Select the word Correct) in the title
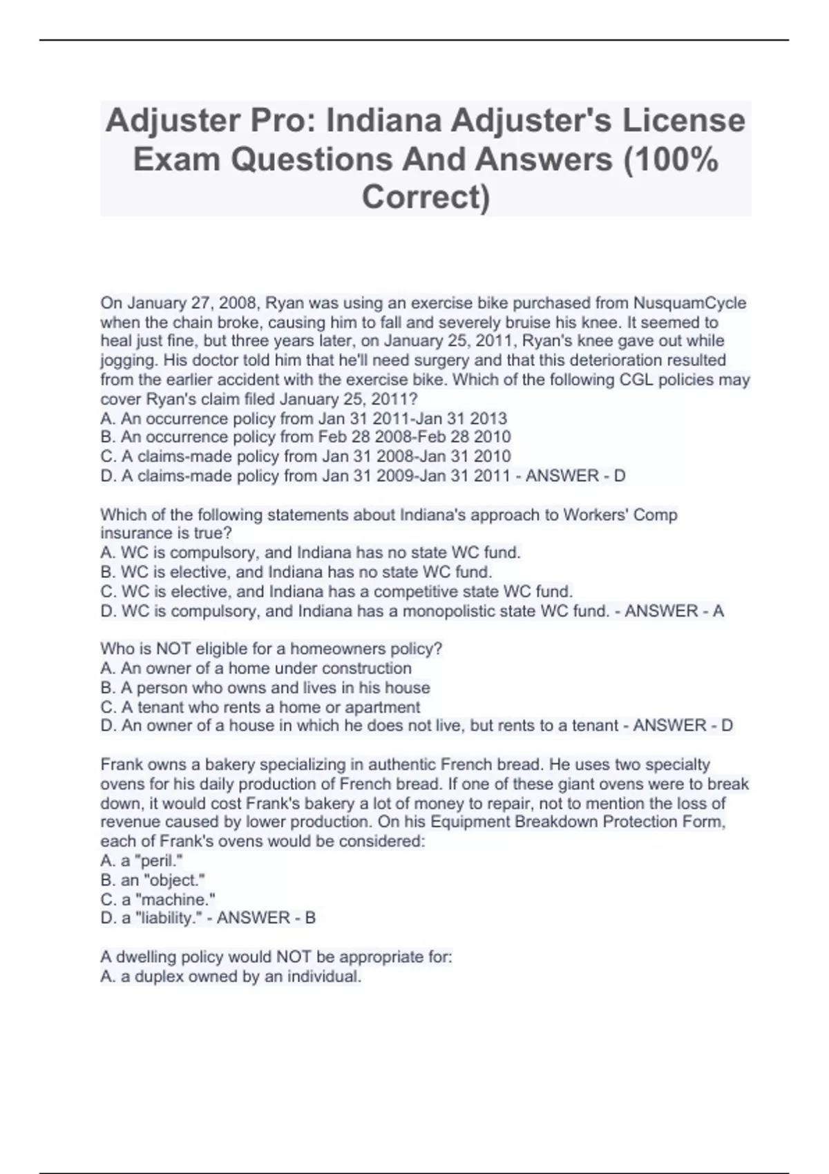tap(426, 198)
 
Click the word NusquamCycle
tap(689, 303)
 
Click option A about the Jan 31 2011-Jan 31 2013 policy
tap(303, 418)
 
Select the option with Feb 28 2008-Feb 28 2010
tap(305, 437)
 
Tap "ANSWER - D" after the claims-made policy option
tap(575, 476)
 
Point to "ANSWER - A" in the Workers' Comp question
tap(674, 611)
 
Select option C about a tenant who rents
tap(260, 707)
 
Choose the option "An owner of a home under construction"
tap(256, 668)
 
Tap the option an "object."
tap(153, 880)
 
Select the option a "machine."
tap(158, 899)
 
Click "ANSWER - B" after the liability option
tap(266, 918)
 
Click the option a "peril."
tap(141, 860)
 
